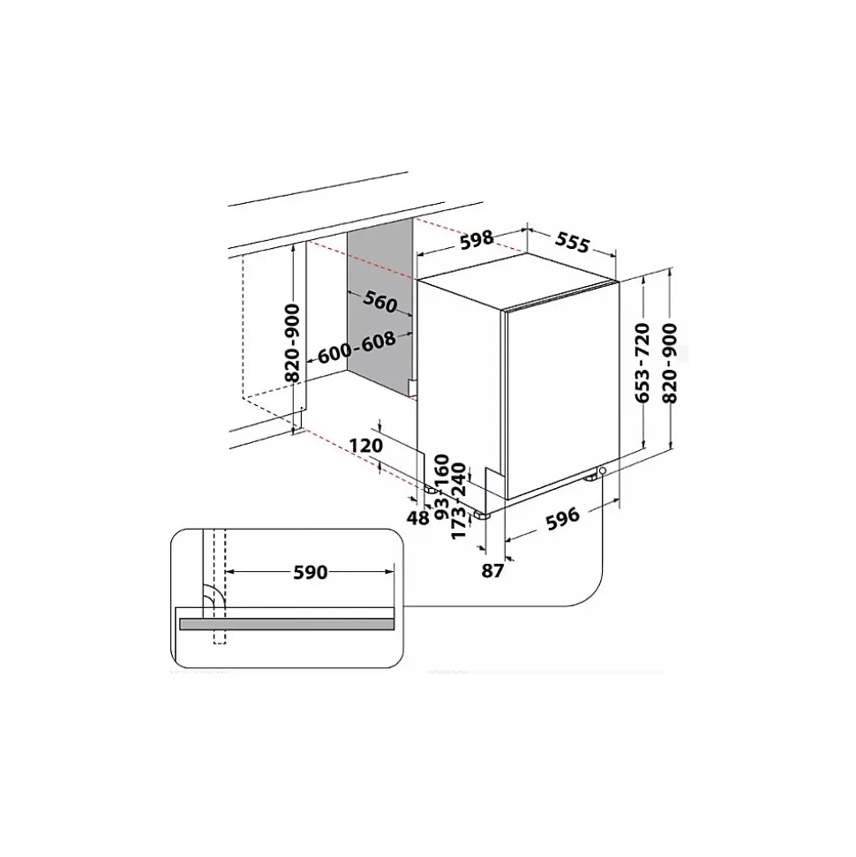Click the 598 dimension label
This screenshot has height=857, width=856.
coord(477,239)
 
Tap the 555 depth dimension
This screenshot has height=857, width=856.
coord(573,243)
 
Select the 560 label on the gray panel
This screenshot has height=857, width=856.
coord(379,302)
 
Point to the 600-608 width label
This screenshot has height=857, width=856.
coord(357,348)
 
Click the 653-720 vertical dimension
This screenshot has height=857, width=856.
coord(642,363)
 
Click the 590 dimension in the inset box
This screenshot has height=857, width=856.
coord(311,572)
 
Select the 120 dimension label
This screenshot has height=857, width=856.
coord(366,446)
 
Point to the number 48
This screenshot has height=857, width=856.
coord(418,517)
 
